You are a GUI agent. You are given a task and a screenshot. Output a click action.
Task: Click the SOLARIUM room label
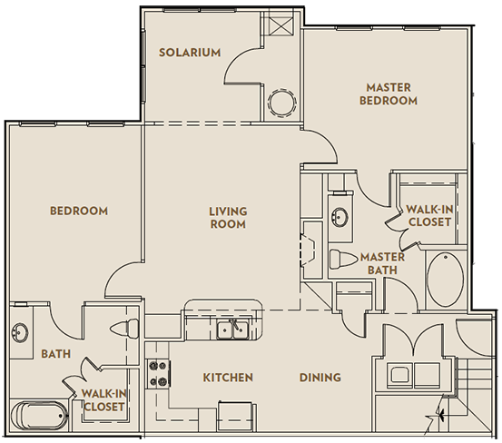coord(190,53)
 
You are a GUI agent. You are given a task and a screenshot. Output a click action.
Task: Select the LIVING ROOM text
coord(228,218)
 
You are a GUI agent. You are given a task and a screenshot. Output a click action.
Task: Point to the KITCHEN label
coord(227,378)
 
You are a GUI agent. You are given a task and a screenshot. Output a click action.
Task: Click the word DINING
coord(320,378)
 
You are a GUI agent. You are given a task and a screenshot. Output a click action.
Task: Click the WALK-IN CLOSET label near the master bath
coord(429,214)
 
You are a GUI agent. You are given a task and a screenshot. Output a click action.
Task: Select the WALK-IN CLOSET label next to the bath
coord(103,399)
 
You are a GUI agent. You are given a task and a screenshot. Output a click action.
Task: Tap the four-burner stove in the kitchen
coord(161,373)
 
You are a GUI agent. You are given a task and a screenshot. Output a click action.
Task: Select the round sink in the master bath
coord(340,219)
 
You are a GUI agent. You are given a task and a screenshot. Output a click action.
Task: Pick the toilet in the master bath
coord(340,260)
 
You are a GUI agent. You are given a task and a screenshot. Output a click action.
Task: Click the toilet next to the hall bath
coord(123,327)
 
